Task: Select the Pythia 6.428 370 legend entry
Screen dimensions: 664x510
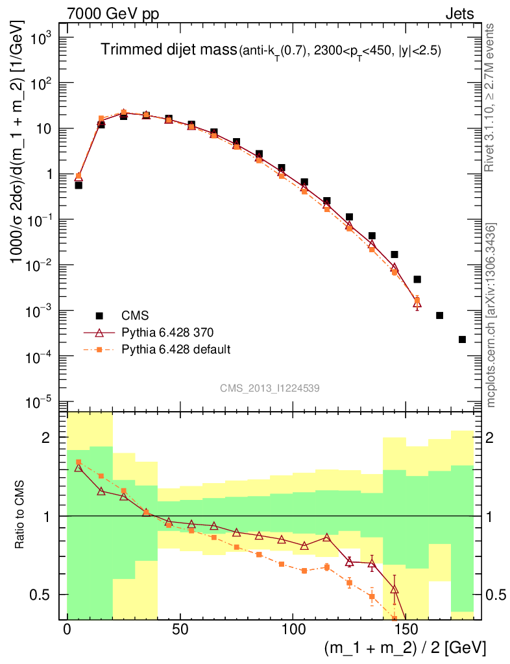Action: (168, 332)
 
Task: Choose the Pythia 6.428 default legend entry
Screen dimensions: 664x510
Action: (176, 350)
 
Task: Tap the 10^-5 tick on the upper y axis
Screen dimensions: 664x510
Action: (40, 403)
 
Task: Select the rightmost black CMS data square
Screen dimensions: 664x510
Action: (462, 339)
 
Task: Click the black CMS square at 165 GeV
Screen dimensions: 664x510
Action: (439, 315)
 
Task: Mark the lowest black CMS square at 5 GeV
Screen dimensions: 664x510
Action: (79, 185)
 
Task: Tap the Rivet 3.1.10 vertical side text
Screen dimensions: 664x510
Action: (491, 97)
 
